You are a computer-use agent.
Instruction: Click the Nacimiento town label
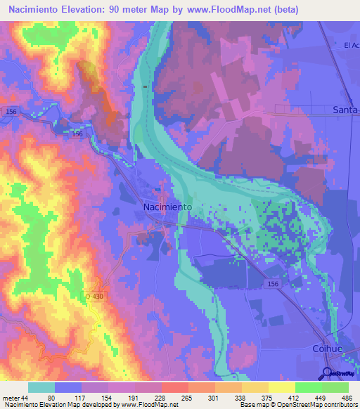167,207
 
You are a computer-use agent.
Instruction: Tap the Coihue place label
326,349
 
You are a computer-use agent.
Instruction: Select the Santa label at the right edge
345,110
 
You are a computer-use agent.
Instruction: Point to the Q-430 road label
94,296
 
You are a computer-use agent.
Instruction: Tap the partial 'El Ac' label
351,46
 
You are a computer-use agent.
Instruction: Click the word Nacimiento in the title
39,10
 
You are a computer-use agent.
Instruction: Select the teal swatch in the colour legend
41,387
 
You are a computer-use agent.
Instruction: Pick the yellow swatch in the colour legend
281,387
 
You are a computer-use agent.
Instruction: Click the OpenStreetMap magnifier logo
328,372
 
